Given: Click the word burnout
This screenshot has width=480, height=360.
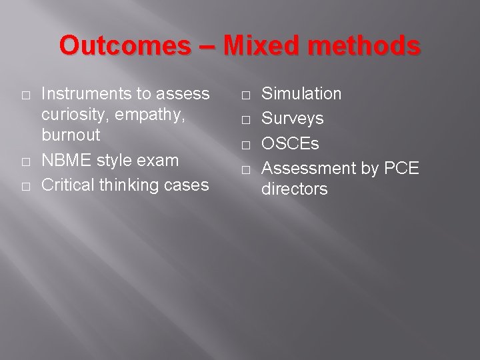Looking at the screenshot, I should coord(71,135).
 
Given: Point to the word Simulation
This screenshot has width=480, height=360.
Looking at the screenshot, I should coord(301,94).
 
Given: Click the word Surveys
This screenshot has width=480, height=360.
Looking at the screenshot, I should coord(292,119).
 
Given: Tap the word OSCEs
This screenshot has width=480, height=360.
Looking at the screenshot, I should coord(290,144).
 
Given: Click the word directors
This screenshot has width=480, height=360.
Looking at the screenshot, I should coord(294,189).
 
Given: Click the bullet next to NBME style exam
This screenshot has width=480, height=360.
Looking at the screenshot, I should coord(25,161).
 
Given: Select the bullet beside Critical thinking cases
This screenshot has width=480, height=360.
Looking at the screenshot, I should coord(25,186).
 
